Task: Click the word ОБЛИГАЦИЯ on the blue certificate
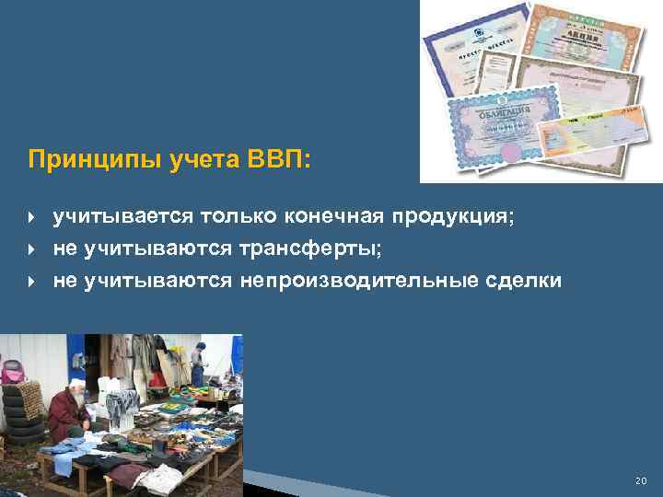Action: pos(503,118)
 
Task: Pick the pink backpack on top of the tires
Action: pos(14,372)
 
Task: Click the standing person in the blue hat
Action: pos(198,364)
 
